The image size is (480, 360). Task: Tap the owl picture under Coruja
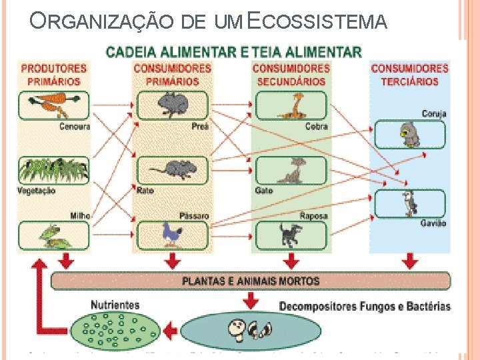coord(408,135)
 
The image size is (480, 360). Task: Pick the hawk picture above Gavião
coord(409,203)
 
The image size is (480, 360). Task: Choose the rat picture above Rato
coord(172,170)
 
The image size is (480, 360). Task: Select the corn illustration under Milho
coord(53,235)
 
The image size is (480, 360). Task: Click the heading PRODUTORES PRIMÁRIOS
coord(54,75)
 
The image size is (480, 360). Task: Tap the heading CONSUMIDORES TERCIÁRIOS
coord(409,75)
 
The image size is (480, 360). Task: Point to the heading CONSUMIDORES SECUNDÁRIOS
coord(291,75)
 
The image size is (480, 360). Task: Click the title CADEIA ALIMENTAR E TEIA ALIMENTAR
coord(235,51)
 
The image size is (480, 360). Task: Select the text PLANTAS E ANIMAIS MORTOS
coord(251,281)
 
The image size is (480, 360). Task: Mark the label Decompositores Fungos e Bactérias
coord(364,307)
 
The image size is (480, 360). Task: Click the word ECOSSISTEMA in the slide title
coord(317,22)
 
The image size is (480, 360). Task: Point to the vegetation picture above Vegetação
coord(53,170)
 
